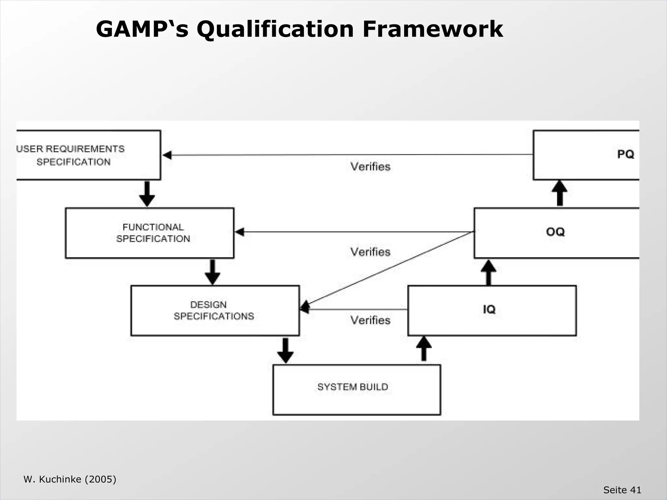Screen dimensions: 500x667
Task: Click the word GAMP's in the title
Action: pos(142,29)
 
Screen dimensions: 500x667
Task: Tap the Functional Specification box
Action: pos(150,233)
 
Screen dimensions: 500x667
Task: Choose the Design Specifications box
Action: pos(215,311)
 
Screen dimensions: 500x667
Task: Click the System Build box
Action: pos(357,390)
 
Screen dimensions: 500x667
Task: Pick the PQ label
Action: pos(625,154)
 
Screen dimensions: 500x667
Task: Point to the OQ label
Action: pos(555,232)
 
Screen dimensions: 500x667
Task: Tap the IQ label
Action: pos(489,309)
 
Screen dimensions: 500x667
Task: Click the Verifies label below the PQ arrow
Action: pos(370,167)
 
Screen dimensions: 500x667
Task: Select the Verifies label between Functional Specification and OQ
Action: pos(370,252)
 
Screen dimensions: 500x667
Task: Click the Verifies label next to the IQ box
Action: pos(370,320)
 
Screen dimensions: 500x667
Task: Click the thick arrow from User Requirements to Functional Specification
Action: pos(147,194)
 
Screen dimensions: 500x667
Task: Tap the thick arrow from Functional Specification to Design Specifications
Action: pos(212,272)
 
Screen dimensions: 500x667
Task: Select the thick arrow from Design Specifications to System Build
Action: pos(285,350)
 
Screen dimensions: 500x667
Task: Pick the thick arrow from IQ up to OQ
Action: pos(489,272)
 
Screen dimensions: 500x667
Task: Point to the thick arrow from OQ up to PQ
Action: pos(560,193)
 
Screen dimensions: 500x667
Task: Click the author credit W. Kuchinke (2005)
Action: pos(70,479)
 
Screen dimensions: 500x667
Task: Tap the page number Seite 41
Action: pos(622,490)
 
